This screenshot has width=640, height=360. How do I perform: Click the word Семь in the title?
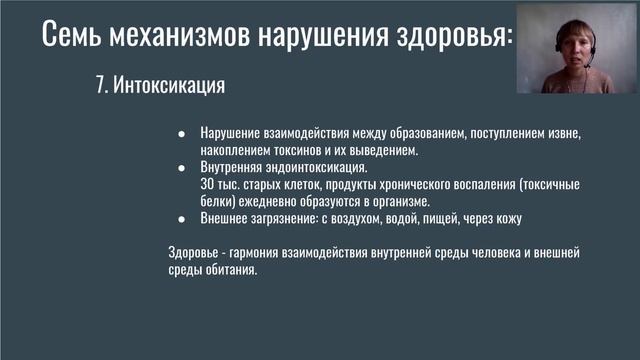pos(74,37)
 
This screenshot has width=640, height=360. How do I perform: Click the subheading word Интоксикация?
pos(167,86)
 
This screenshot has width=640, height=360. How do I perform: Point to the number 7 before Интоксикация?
pos(99,86)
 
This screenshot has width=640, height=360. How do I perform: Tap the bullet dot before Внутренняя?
pos(181,168)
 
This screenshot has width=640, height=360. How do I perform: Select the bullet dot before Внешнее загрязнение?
pos(181,219)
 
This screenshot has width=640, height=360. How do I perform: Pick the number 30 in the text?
pos(207,185)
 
